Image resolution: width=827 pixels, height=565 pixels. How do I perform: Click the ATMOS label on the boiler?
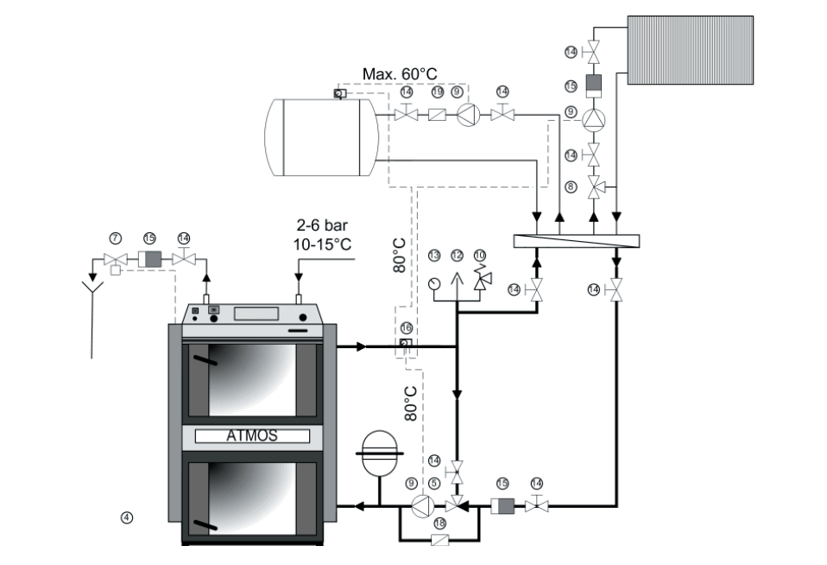(x=252, y=436)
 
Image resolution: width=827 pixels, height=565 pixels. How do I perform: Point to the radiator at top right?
(x=690, y=48)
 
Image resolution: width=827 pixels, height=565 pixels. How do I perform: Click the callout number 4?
(x=127, y=517)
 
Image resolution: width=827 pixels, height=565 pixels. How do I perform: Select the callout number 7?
(x=114, y=237)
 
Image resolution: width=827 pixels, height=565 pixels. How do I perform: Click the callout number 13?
(x=434, y=255)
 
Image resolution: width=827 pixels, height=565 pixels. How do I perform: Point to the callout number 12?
(x=458, y=255)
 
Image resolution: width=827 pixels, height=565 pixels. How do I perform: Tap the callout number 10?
(x=480, y=255)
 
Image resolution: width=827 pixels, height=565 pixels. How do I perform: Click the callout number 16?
(x=406, y=328)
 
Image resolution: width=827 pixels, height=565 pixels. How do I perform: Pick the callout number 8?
(x=570, y=186)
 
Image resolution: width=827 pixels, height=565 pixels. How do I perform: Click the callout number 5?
(x=433, y=484)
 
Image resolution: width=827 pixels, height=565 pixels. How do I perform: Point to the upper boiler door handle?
(x=204, y=362)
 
